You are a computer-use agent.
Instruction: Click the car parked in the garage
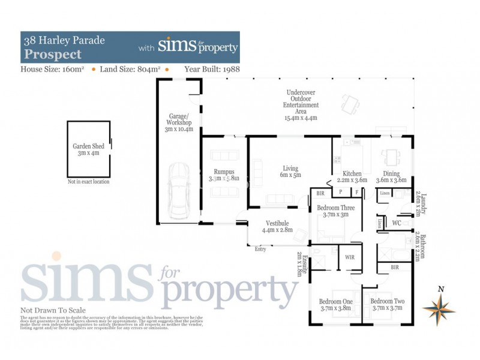179,191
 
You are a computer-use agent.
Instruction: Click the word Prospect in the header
53,54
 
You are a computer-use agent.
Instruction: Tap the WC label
397,223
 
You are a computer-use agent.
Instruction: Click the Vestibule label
277,226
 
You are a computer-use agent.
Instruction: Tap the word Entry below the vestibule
260,250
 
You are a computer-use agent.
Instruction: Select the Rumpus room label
223,175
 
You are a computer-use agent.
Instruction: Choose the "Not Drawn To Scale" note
53,310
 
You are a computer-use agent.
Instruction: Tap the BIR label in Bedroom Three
320,194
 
